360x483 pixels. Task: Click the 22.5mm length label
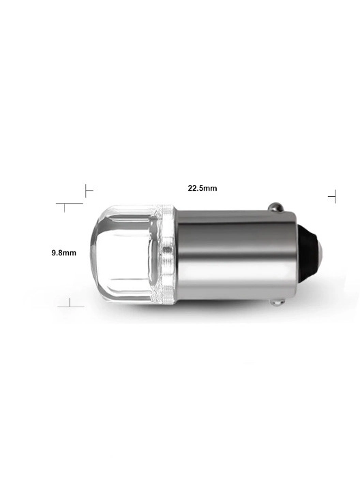coord(202,188)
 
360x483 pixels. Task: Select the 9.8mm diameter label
coord(64,253)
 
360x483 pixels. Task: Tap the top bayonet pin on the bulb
coord(275,207)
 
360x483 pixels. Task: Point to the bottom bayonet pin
coord(277,302)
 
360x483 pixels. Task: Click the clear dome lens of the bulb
coord(125,253)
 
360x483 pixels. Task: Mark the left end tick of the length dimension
coord(86,191)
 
